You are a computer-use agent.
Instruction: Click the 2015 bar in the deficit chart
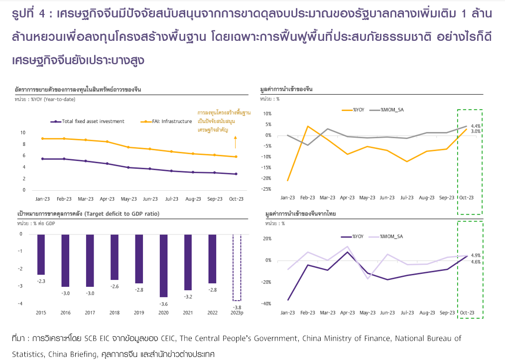click(x=41, y=254)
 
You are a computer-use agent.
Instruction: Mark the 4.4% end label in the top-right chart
click(x=475, y=126)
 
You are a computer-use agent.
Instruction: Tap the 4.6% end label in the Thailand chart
click(x=475, y=261)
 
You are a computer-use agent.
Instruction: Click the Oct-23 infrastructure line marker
click(x=236, y=157)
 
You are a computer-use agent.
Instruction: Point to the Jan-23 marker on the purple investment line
click(x=43, y=159)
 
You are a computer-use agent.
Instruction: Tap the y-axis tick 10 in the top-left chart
click(x=23, y=132)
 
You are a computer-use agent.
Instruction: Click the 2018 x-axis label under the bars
click(x=114, y=313)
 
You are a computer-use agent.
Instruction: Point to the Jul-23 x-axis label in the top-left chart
click(x=171, y=199)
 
